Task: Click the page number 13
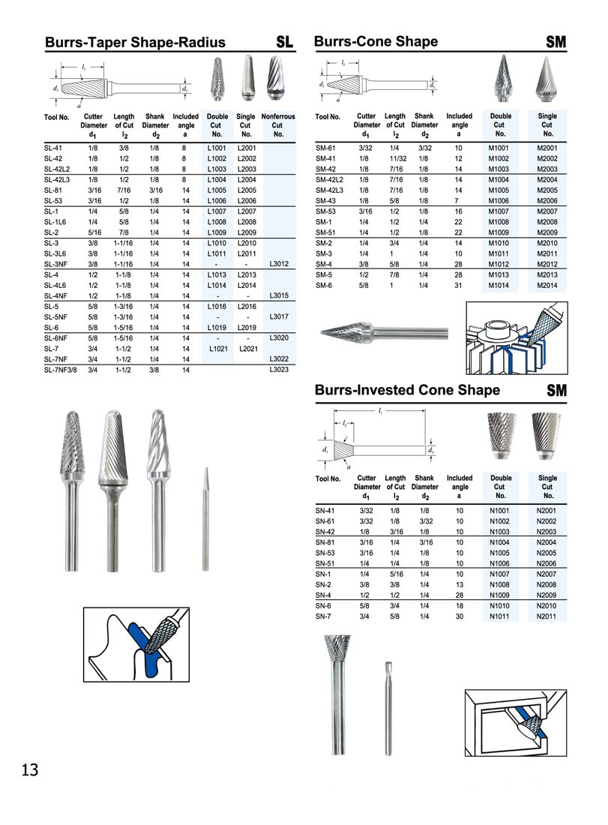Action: click(30, 769)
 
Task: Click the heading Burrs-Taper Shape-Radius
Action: click(135, 43)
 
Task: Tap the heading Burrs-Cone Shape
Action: click(376, 41)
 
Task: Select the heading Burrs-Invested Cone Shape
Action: click(407, 390)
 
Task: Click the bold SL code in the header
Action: click(285, 43)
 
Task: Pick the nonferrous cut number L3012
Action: click(279, 264)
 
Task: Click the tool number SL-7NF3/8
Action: click(61, 370)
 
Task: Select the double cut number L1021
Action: click(217, 349)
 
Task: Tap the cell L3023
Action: click(279, 370)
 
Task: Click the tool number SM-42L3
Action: click(330, 190)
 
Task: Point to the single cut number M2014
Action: click(547, 285)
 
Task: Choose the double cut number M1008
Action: click(499, 222)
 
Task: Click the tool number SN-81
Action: click(325, 541)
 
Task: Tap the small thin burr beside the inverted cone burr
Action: click(388, 705)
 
